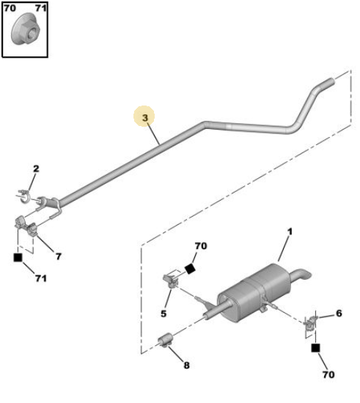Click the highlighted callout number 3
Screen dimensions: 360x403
coord(145,118)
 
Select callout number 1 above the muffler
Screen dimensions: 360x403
coord(290,232)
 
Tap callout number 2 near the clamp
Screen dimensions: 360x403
coord(36,169)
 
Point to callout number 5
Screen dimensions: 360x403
coord(164,314)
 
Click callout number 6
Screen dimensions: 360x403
coord(339,314)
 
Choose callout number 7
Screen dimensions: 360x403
coord(59,256)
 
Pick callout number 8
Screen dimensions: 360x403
coord(187,365)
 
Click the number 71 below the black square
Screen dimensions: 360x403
coord(41,278)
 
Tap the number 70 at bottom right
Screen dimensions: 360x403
coord(328,374)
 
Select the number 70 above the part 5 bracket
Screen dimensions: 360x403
coord(201,246)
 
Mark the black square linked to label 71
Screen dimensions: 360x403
coord(18,257)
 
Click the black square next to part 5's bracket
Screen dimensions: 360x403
coord(191,269)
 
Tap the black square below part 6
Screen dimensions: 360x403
coord(315,348)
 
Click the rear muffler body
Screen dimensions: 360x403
coord(254,292)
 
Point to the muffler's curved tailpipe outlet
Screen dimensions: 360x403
coord(301,275)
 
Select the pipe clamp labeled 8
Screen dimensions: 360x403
coord(165,340)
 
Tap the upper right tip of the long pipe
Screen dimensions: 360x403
coord(334,81)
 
